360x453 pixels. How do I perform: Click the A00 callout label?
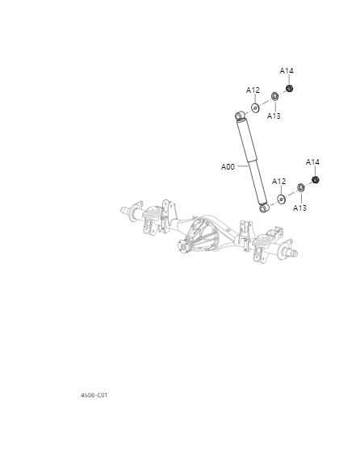(228, 167)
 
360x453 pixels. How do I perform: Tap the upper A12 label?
(253, 90)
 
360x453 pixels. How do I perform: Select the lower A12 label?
(278, 182)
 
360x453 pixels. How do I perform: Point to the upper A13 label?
(274, 116)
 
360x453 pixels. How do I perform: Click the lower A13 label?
(299, 208)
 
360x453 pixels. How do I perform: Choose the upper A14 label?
(287, 71)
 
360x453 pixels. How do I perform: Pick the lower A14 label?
(312, 162)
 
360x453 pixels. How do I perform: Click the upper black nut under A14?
(290, 88)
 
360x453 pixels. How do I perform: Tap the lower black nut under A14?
(316, 179)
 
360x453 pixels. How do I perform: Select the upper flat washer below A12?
(254, 107)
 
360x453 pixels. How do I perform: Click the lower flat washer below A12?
(281, 199)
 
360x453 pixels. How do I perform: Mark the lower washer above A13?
(300, 189)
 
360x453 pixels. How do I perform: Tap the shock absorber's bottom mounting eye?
(264, 208)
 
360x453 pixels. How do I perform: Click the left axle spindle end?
(127, 212)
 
